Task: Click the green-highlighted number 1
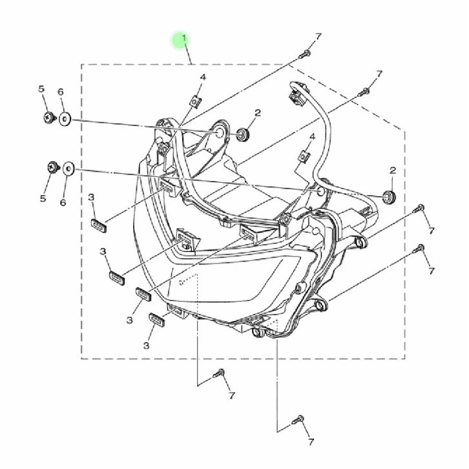click(184, 39)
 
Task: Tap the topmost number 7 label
click(318, 36)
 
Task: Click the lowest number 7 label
click(311, 442)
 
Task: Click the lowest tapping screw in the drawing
click(298, 419)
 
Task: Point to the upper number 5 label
click(41, 89)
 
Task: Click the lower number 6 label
click(63, 202)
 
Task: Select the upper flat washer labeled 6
click(65, 120)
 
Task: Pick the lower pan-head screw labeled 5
click(54, 167)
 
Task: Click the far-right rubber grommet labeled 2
click(390, 196)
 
